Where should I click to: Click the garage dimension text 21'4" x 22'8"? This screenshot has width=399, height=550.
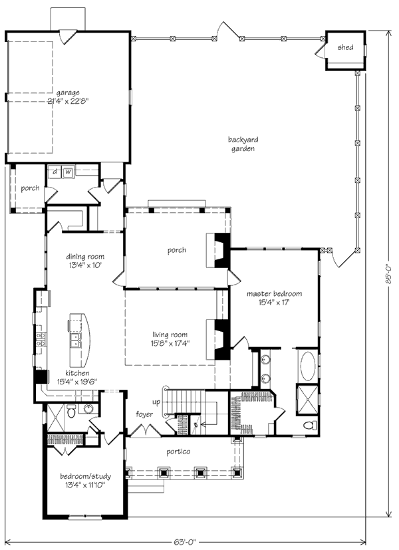(68, 102)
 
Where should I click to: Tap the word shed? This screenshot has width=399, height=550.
(345, 49)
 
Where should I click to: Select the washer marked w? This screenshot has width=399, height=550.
(68, 173)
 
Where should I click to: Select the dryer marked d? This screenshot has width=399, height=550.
(55, 173)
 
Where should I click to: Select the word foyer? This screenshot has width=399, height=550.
(144, 414)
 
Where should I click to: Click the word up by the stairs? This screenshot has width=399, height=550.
(157, 403)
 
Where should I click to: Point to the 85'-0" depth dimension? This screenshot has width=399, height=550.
(388, 272)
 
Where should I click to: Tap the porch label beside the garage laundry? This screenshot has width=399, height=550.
(29, 188)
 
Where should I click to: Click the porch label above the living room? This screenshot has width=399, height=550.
(176, 251)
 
